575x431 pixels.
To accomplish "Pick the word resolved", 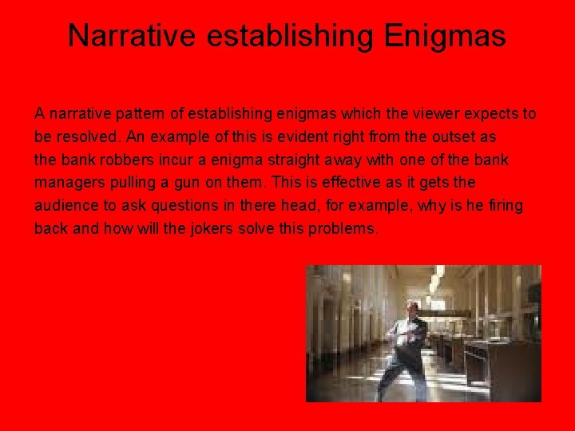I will [85, 137].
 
